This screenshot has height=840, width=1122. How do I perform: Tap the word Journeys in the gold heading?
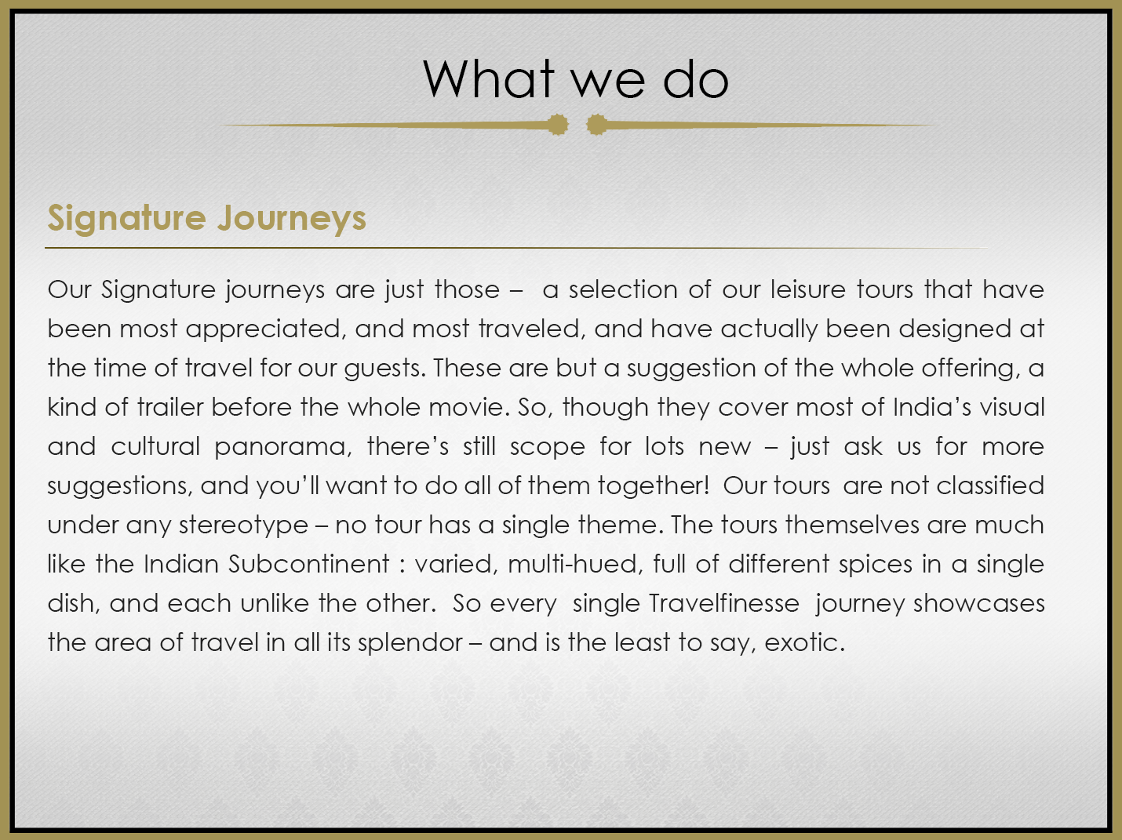[292, 219]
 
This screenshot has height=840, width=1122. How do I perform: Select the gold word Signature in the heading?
[127, 219]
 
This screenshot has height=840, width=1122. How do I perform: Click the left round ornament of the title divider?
[558, 125]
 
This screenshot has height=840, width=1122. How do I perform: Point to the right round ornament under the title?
[596, 125]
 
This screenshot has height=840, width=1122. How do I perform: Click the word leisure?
[807, 289]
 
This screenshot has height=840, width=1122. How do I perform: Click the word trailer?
[170, 407]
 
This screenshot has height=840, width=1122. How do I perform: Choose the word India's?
[932, 407]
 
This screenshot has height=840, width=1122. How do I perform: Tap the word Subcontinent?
[308, 564]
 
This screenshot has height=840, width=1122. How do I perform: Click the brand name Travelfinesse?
[724, 603]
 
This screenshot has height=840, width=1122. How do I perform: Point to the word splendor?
[410, 644]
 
